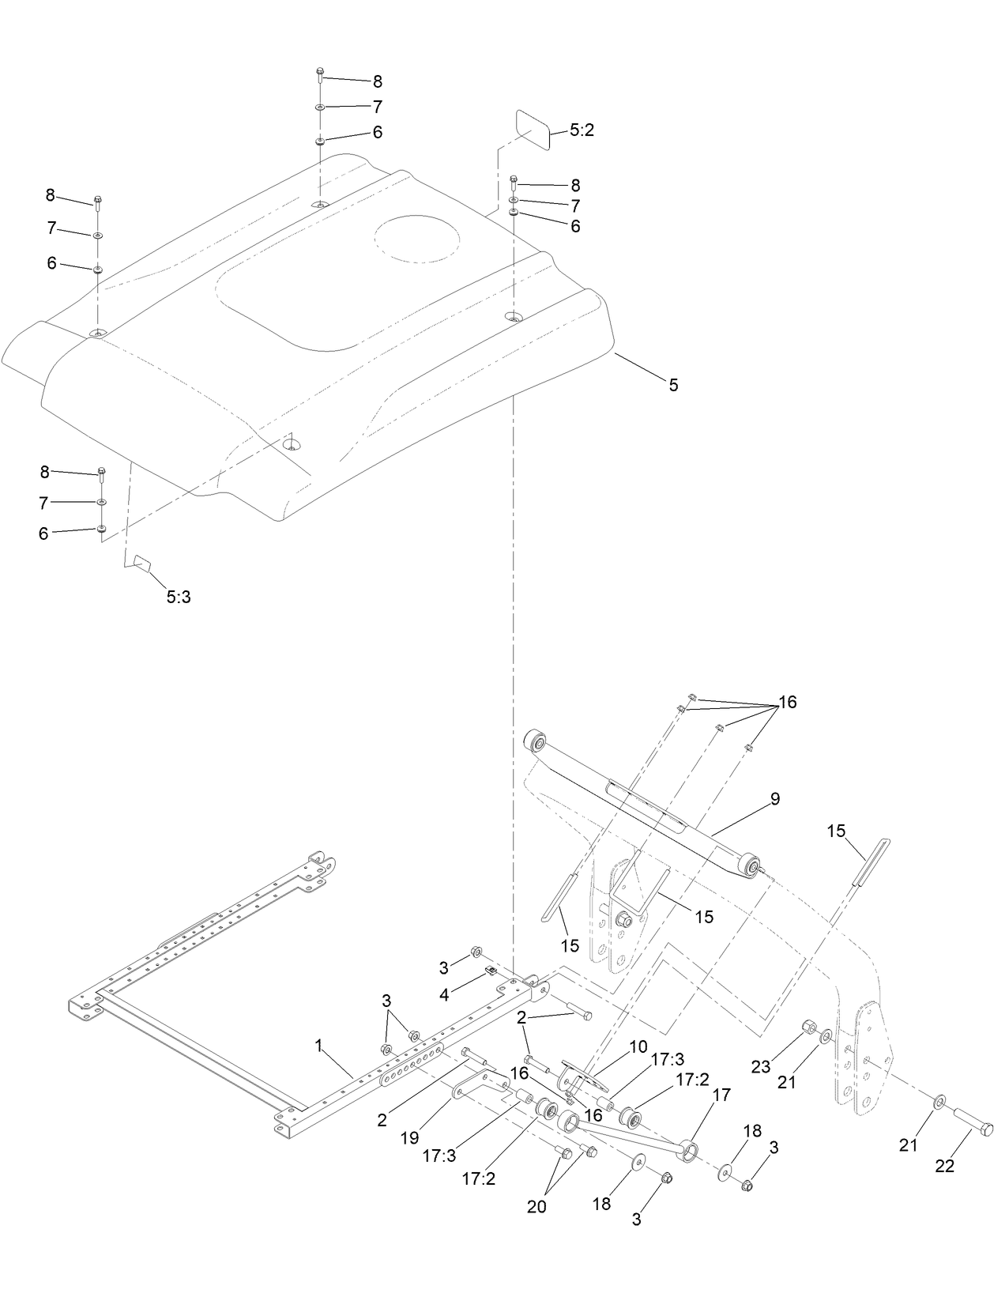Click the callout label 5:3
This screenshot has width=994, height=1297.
point(179,598)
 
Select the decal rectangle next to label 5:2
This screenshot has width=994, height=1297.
point(533,129)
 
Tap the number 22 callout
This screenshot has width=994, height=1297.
point(945,1166)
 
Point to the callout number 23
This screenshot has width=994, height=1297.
point(760,1067)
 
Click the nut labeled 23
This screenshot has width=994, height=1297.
point(808,1027)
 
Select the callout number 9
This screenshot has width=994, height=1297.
point(775,799)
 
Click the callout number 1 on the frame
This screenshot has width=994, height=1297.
point(318,1046)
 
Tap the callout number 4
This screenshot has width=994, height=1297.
point(445,995)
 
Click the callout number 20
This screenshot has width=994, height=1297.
point(537,1207)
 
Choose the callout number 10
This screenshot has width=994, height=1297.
point(638,1047)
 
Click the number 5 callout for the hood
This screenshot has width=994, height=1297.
point(673,386)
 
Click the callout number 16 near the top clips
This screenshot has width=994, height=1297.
point(788,702)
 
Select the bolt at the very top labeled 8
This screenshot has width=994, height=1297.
point(319,76)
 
